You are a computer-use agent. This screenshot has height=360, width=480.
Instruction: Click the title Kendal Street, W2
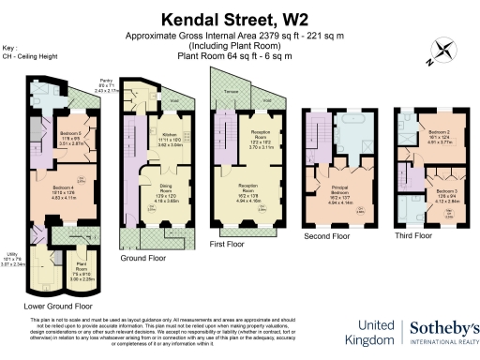pos(239,18)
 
